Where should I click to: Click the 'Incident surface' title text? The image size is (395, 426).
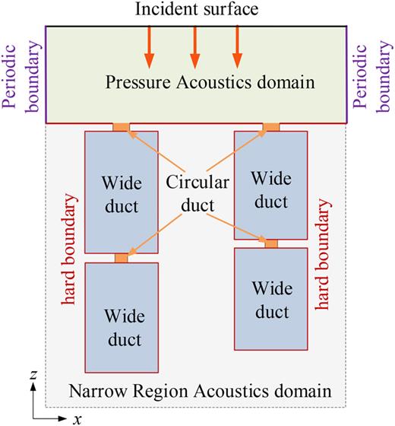coord(196,10)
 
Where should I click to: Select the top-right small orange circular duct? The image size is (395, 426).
coord(270,127)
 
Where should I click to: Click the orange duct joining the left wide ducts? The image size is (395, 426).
coord(121,258)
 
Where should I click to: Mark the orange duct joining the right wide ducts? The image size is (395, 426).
coord(270,243)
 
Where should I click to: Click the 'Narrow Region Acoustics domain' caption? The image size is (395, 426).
coord(200,392)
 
